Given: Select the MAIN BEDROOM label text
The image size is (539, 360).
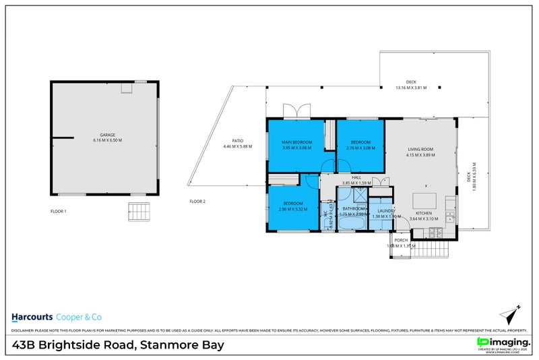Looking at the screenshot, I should coord(296,142).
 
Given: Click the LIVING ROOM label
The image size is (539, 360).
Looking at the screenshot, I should coord(420,150).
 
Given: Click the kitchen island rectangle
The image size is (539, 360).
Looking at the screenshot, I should coord(423,201).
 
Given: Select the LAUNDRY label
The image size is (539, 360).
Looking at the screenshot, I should coord(386,211).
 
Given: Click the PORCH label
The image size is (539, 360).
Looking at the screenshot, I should coord(402,240).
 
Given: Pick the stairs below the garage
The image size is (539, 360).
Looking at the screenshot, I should coord(139,211).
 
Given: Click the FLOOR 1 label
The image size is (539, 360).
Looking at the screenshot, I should coord(59,211).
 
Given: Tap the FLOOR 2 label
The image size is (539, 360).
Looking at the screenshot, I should coord(197,201).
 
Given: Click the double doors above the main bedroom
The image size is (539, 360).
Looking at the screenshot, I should coord(296,111).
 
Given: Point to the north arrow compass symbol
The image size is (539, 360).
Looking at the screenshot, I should coord(510,314).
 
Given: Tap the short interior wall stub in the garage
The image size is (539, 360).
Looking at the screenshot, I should coord(63,138).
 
